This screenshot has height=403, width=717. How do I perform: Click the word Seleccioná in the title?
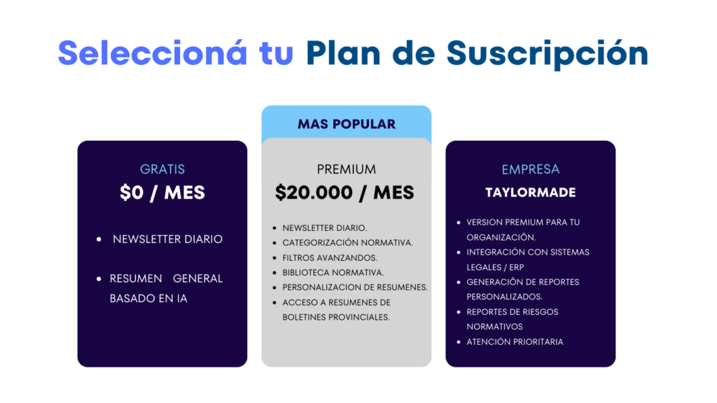tap(153, 53)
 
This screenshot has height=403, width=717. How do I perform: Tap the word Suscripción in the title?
tap(548, 55)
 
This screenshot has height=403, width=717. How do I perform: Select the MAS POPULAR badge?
tap(347, 124)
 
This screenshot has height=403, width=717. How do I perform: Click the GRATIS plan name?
tap(162, 169)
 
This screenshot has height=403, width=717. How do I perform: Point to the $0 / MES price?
tap(162, 193)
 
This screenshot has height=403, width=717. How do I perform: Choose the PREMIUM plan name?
tap(347, 169)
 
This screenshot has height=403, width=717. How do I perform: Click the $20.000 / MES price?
tap(344, 193)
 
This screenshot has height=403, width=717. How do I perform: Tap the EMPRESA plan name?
tap(531, 169)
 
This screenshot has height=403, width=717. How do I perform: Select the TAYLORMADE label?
tap(531, 192)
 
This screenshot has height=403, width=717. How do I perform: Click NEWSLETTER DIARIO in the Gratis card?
tap(167, 239)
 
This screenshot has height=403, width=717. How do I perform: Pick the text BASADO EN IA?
tap(148, 298)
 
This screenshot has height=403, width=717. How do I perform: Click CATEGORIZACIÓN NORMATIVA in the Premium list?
tap(347, 243)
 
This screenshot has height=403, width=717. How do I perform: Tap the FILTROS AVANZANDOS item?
tap(330, 257)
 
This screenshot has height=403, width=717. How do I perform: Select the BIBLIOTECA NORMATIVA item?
tap(333, 273)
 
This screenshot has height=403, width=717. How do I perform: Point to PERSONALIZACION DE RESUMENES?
tap(355, 288)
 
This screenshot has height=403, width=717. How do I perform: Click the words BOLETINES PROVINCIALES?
tap(336, 317)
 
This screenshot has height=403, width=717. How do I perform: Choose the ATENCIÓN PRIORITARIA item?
tap(515, 341)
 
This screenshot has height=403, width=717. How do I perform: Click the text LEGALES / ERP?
tap(495, 267)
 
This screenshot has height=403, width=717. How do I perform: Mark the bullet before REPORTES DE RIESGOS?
tap(459, 312)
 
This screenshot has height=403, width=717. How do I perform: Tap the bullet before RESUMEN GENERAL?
tap(99, 278)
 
